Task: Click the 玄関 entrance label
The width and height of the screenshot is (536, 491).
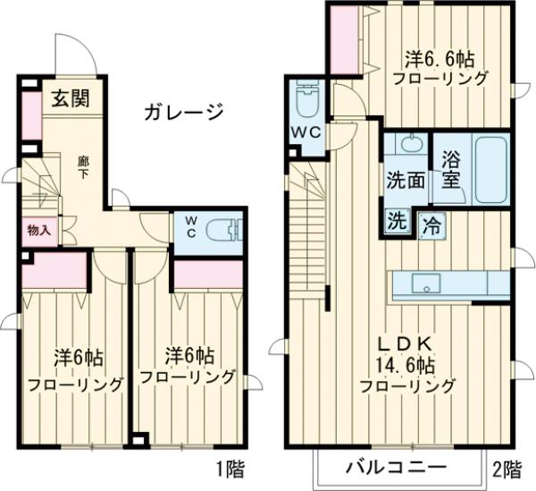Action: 69,99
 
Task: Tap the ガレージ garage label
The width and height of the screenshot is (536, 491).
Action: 181,112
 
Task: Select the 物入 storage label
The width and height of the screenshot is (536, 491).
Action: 38,230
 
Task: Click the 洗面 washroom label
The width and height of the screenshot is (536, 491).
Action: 406,178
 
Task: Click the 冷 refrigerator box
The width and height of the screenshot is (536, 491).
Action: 431,224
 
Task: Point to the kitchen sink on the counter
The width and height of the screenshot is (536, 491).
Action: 426,285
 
